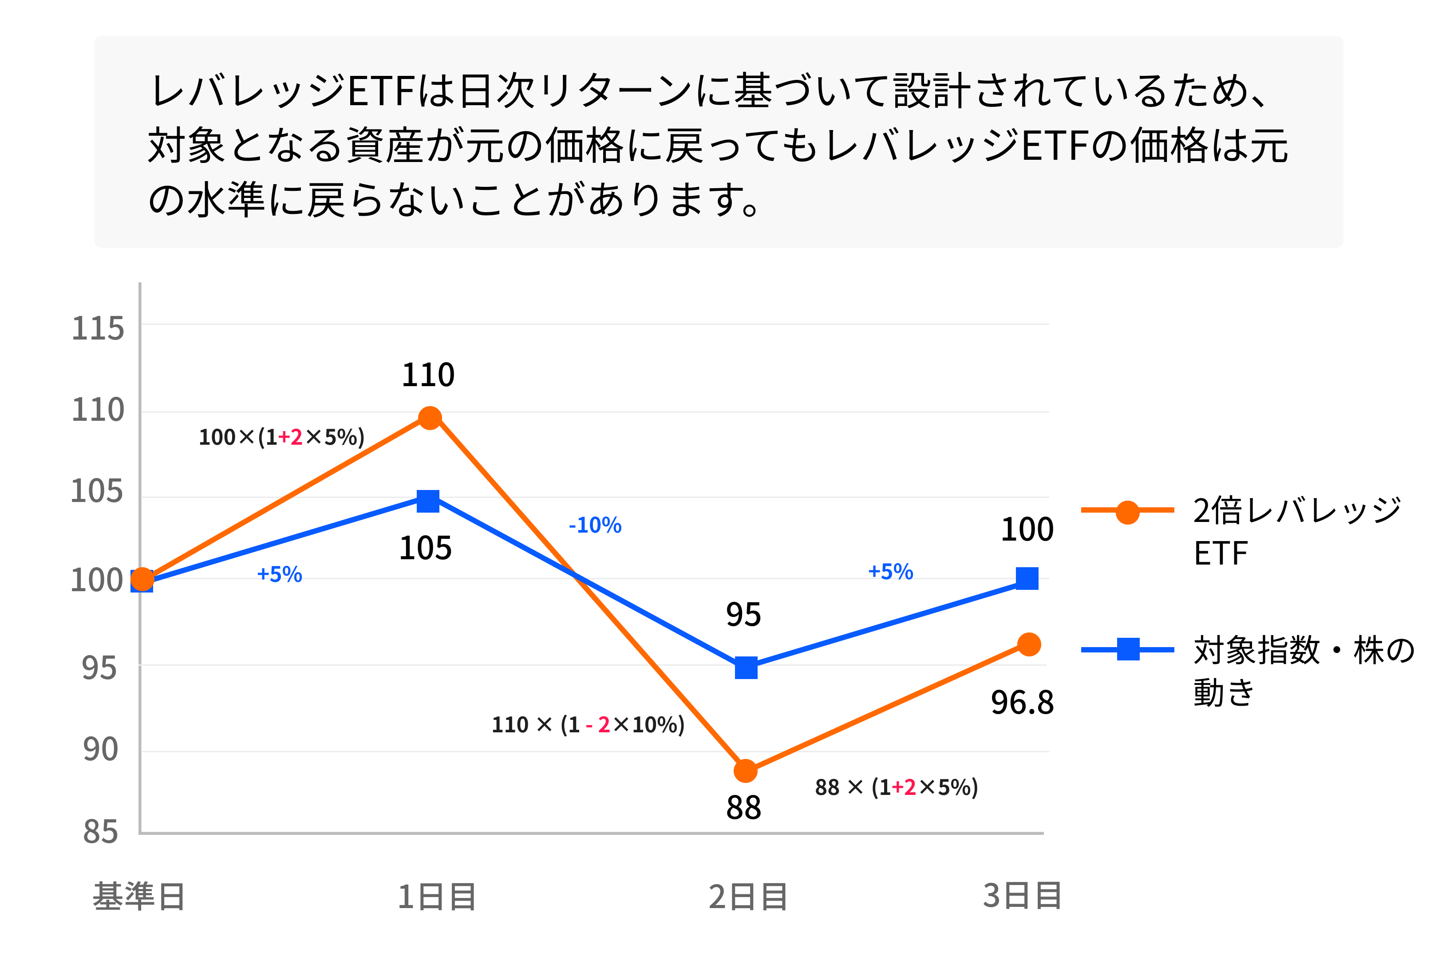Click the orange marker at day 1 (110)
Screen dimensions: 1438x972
point(430,418)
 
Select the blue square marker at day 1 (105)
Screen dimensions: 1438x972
point(428,501)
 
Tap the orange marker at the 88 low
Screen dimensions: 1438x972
point(745,771)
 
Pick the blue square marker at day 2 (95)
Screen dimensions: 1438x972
point(746,668)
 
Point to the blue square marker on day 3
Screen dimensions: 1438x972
point(1027,578)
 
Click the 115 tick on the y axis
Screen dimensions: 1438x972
point(98,328)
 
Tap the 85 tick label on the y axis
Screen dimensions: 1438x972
point(100,832)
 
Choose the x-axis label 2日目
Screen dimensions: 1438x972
point(747,897)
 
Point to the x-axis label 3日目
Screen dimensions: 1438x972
point(1022,895)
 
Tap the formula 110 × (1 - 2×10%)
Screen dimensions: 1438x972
point(588,724)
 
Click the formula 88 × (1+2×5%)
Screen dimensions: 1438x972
point(896,787)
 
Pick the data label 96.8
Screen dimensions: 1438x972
point(1022,702)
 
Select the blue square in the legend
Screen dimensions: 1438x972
point(1128,649)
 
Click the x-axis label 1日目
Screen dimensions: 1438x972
point(436,897)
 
